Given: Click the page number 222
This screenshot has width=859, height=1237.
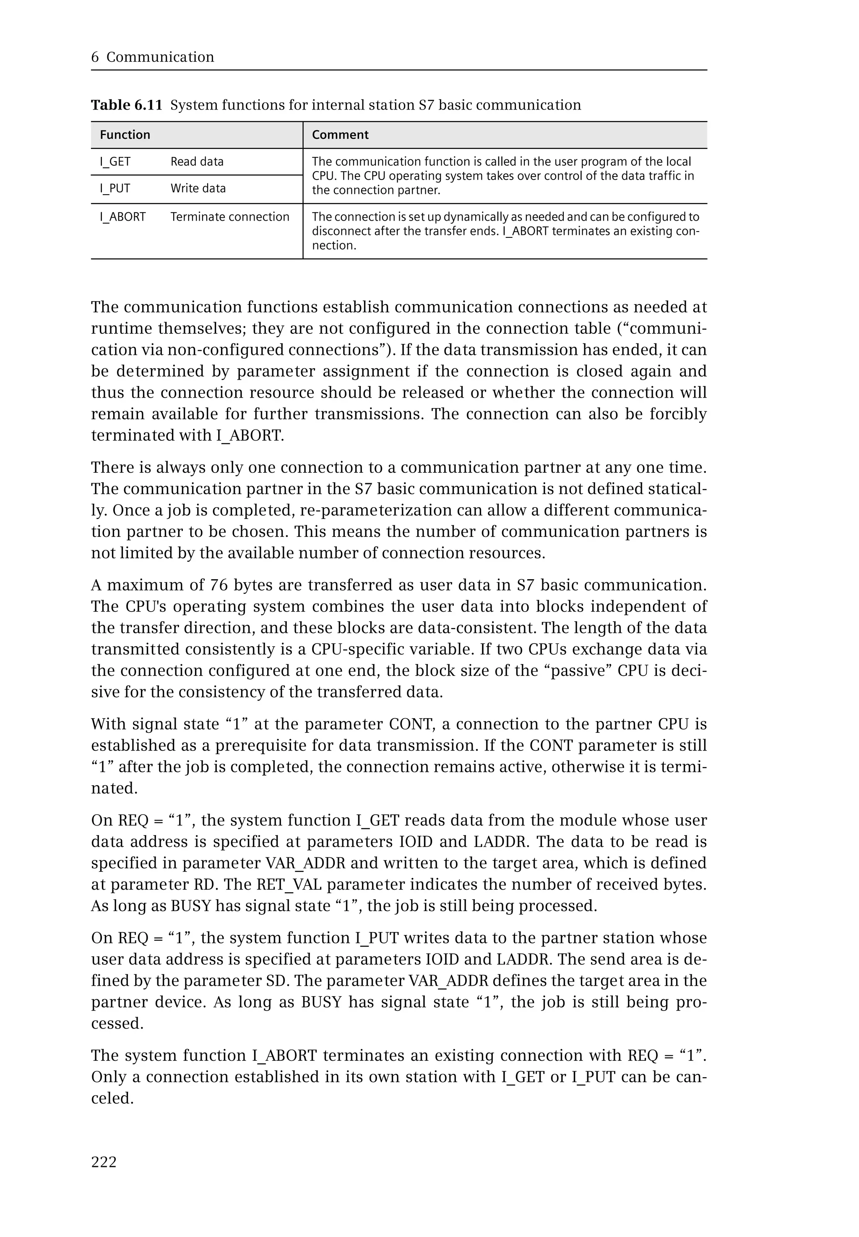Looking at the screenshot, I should point(104,1162).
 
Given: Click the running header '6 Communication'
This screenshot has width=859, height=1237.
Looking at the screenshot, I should point(153,57).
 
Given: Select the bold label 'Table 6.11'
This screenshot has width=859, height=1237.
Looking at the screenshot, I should point(127,105).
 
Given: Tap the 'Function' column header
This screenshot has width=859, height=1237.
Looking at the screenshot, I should point(125,135).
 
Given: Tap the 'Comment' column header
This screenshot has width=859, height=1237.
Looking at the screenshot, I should point(340,135).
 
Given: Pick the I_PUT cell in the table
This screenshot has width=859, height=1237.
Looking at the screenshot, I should point(115,188).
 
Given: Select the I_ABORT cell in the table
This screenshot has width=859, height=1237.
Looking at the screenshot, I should point(123,217).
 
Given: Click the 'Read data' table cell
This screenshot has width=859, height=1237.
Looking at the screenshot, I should point(197,161).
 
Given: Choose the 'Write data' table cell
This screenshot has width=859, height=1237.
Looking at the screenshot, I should point(198,188).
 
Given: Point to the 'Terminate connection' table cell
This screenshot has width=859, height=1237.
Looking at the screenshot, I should point(230,217).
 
